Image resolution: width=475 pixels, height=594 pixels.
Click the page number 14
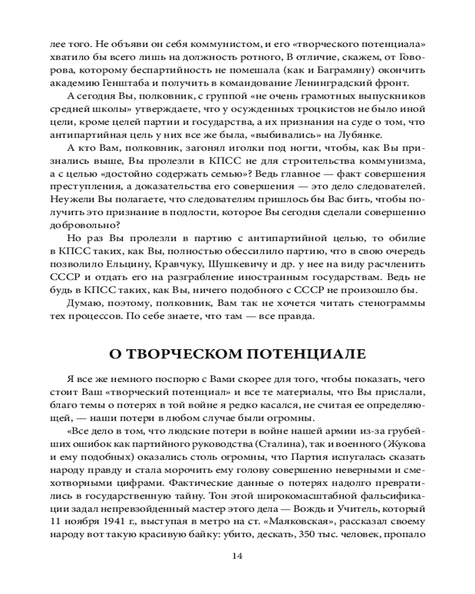point(237,557)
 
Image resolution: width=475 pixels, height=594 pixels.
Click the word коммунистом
point(191,45)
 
